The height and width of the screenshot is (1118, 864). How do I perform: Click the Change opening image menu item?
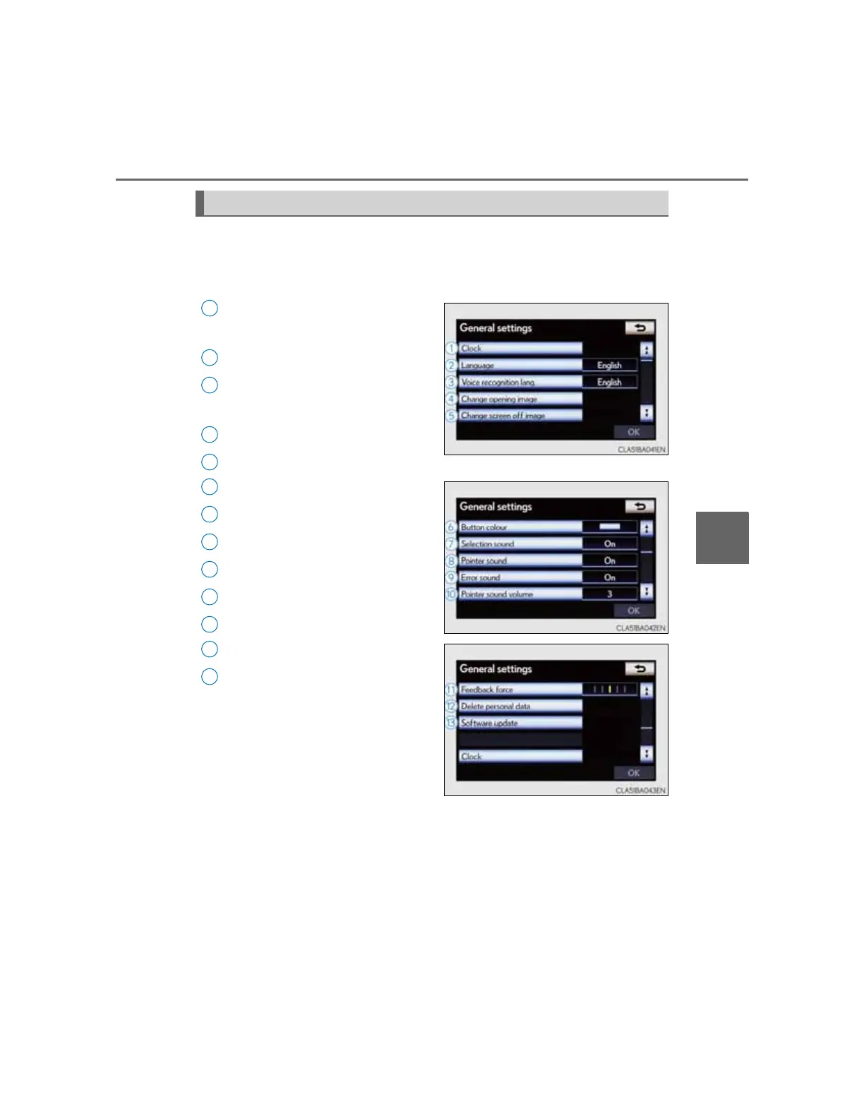tap(520, 399)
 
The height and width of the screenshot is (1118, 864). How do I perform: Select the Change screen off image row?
tap(520, 416)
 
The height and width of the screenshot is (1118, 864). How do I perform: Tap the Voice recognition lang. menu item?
tap(520, 382)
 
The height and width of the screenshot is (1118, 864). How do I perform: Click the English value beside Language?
tap(610, 365)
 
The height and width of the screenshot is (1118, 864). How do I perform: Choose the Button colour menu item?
tap(520, 527)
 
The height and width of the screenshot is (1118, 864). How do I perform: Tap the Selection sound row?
tap(520, 544)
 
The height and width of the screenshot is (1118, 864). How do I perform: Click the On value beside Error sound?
tap(610, 577)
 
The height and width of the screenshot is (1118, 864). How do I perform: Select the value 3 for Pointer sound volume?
tap(610, 594)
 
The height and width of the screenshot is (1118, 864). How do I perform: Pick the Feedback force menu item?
tap(520, 690)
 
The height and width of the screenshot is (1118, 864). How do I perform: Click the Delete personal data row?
tap(520, 707)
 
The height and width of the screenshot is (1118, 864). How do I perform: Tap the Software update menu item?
tap(520, 723)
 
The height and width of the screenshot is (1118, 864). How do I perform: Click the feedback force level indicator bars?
tap(610, 690)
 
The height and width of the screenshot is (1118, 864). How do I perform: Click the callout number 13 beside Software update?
tap(450, 723)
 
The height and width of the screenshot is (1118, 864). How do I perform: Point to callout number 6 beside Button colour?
tap(450, 527)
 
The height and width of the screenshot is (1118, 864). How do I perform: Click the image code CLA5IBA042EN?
tap(641, 628)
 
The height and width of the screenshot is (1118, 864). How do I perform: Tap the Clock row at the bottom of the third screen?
tap(520, 757)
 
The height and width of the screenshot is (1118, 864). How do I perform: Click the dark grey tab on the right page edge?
tap(722, 538)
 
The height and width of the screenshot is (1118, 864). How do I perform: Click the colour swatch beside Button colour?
tap(610, 527)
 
